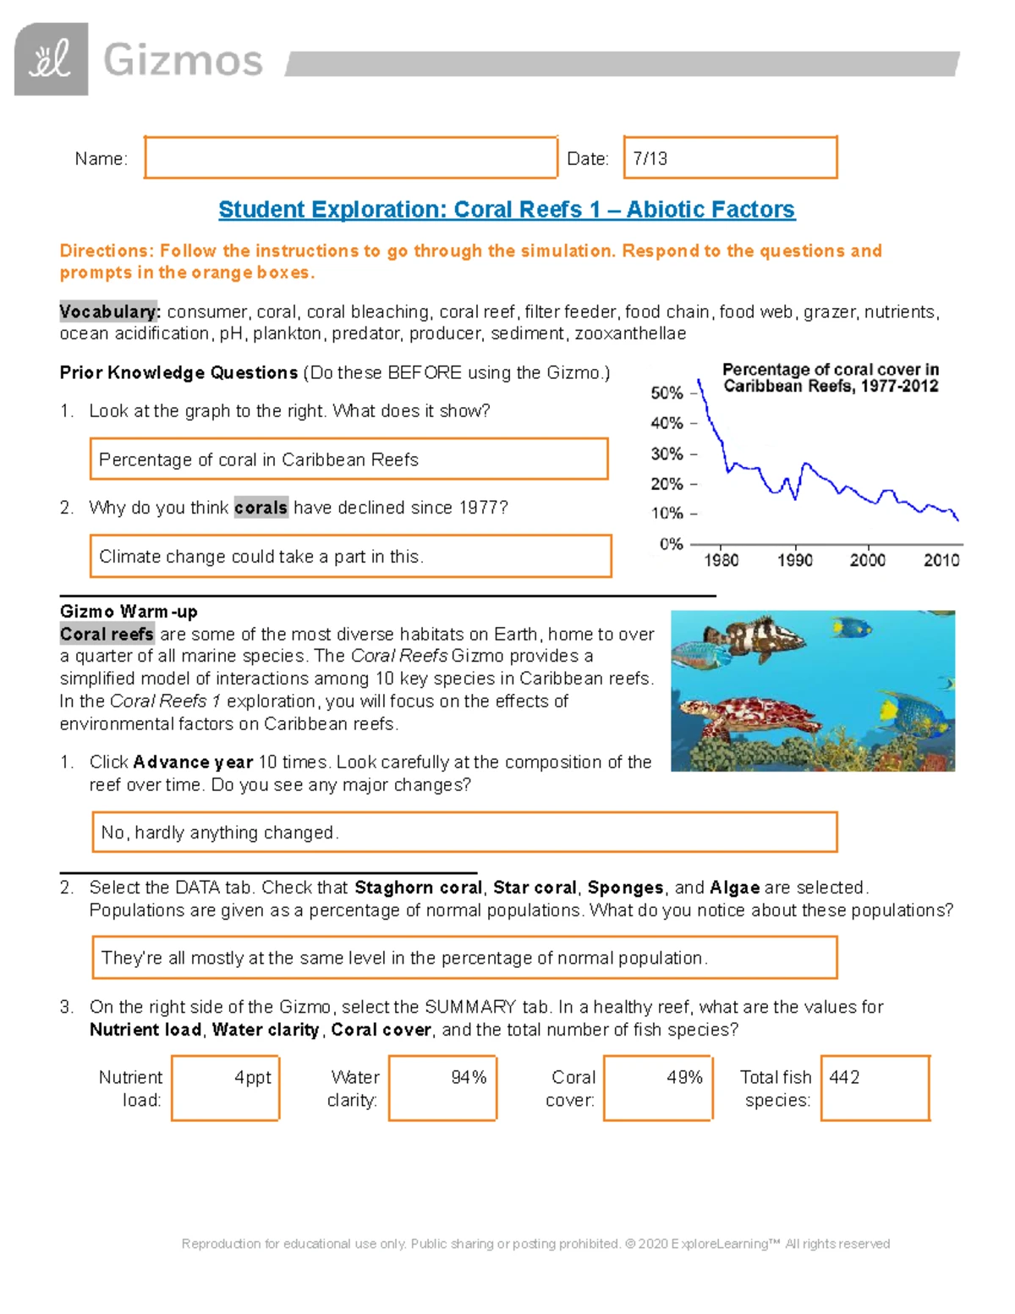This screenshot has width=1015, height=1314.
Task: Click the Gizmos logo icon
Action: [51, 59]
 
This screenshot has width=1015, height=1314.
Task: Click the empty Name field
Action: [350, 158]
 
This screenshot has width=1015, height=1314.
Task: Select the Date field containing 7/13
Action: [730, 158]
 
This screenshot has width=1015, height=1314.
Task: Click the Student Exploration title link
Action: [507, 210]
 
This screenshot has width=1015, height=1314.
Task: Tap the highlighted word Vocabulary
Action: [108, 311]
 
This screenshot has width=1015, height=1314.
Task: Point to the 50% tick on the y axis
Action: [667, 393]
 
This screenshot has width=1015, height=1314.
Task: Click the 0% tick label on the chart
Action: [671, 544]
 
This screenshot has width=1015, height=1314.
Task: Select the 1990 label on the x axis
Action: [794, 560]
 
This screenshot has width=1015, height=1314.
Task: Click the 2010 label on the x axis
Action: [941, 560]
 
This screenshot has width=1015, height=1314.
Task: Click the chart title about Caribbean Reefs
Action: [830, 378]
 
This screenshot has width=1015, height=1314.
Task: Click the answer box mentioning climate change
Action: [350, 557]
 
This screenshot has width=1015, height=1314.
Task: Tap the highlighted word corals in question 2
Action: [261, 508]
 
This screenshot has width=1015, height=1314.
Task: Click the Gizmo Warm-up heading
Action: [129, 611]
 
